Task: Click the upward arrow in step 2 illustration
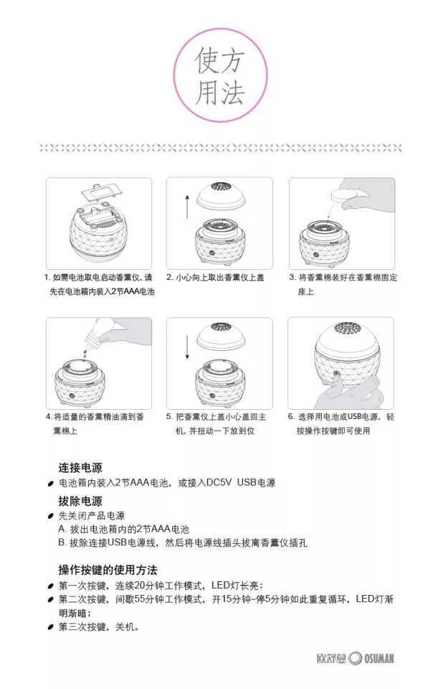[x=188, y=206]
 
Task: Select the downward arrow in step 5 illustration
[x=188, y=347]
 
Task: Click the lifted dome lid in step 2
[x=220, y=196]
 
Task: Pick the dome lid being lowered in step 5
[x=220, y=337]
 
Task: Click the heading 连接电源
[x=80, y=467]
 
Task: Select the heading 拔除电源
[x=80, y=501]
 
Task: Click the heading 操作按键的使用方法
[x=108, y=570]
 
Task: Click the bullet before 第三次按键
[x=50, y=627]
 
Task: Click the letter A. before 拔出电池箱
[x=62, y=529]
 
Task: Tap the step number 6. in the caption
[x=291, y=416]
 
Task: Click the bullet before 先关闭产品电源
[x=50, y=516]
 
